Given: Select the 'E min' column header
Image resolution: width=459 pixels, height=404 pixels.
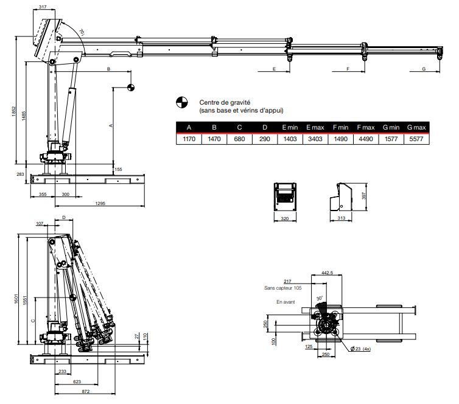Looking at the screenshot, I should tap(289, 128).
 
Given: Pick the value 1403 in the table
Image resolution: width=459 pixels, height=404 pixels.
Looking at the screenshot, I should tap(289, 139).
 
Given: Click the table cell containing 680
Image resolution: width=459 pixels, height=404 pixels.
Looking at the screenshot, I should tap(239, 139).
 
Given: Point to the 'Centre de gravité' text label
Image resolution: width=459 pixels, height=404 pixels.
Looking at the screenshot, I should tap(225, 103).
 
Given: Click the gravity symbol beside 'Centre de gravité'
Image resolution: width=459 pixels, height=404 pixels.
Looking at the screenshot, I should tap(181, 102).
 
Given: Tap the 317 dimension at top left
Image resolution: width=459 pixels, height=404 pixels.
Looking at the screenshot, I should tap(42, 7).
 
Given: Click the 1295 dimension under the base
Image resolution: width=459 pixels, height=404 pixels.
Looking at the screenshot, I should tap(100, 203).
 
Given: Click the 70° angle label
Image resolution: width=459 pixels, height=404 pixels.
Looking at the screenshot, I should tap(81, 32).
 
